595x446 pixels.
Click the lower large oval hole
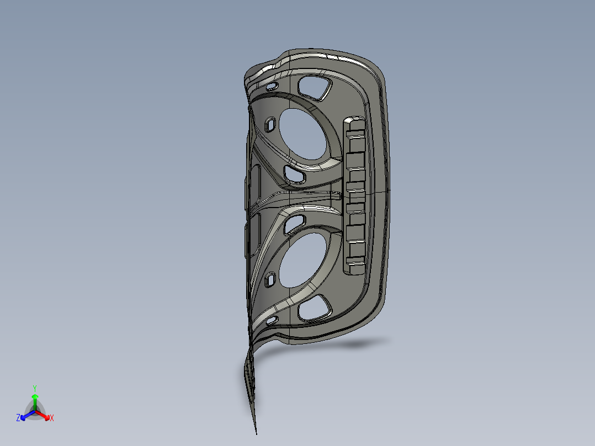302,259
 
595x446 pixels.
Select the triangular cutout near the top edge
314,87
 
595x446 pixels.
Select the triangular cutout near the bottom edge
314,308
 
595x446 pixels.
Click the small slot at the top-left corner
271,87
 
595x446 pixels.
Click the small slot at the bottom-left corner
271,320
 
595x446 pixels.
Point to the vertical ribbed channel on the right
354,195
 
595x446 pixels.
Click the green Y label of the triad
35,387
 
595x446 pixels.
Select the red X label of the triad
52,418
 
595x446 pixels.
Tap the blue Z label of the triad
18,418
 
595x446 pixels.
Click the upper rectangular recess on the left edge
256,183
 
